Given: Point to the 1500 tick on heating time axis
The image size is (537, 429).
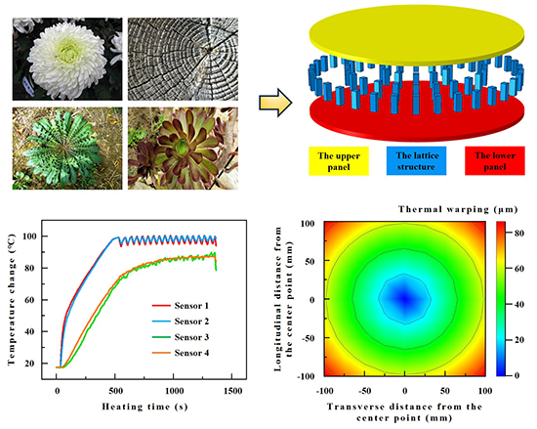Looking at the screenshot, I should point(232,390).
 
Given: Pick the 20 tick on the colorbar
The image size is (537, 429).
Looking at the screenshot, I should point(523,339).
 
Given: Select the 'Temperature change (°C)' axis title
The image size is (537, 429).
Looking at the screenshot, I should point(13,302).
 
